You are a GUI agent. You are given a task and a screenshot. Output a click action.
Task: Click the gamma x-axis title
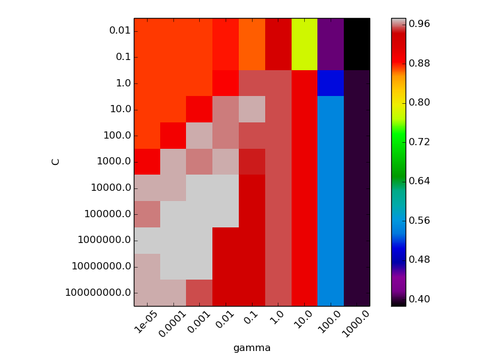[252, 348]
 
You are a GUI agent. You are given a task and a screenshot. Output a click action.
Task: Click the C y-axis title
[56, 161]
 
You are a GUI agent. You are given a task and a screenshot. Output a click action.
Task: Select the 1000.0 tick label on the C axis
[113, 161]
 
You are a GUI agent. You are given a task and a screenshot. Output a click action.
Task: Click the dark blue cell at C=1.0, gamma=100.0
[331, 83]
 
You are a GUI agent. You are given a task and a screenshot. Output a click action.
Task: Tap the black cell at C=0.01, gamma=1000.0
[356, 31]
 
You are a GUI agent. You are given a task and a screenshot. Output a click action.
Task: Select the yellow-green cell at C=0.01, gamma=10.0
[304, 31]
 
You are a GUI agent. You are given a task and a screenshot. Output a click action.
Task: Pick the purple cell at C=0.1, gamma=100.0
[331, 58]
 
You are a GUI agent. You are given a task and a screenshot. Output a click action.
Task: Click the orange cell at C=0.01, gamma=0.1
[252, 31]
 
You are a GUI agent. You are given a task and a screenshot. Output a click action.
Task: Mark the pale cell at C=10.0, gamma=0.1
[252, 109]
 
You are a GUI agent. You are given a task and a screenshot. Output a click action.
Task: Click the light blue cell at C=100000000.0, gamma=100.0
[331, 293]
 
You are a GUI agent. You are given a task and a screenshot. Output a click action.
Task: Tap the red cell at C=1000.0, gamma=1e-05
[147, 161]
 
